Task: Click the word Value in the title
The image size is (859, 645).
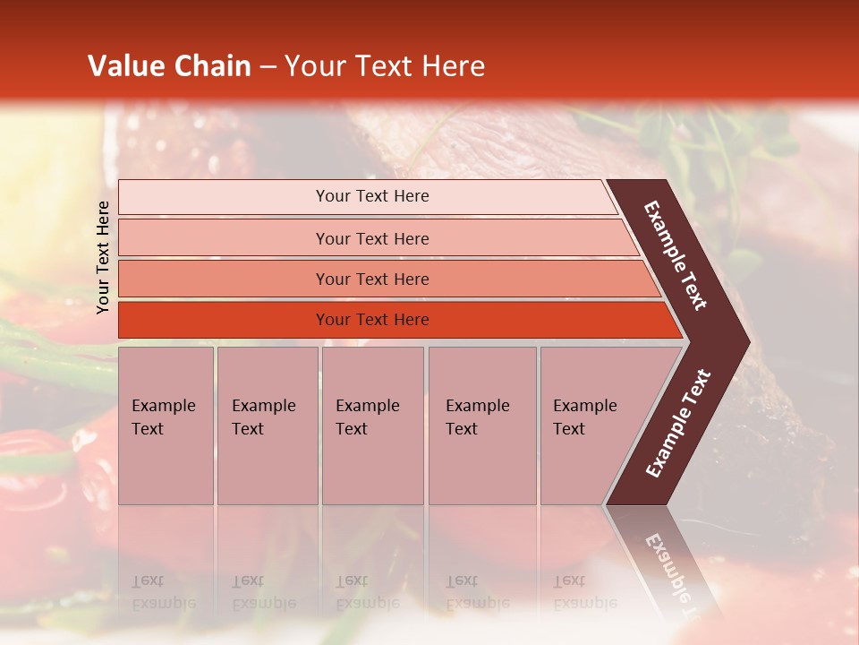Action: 124,66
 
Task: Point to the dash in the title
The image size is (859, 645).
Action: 268,67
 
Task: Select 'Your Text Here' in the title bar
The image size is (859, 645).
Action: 385,66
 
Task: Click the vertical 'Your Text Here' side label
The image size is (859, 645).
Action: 103,258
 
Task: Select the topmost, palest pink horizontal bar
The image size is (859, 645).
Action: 371,196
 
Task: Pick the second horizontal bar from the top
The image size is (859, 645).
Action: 371,238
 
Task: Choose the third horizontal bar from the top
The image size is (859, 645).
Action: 371,279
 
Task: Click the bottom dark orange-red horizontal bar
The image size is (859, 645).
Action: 371,320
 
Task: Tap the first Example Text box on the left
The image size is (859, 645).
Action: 166,425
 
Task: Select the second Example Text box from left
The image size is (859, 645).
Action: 267,425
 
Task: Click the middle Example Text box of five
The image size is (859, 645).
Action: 372,425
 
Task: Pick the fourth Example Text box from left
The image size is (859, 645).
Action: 481,425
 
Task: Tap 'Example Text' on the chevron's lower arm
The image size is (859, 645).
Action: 678,423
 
